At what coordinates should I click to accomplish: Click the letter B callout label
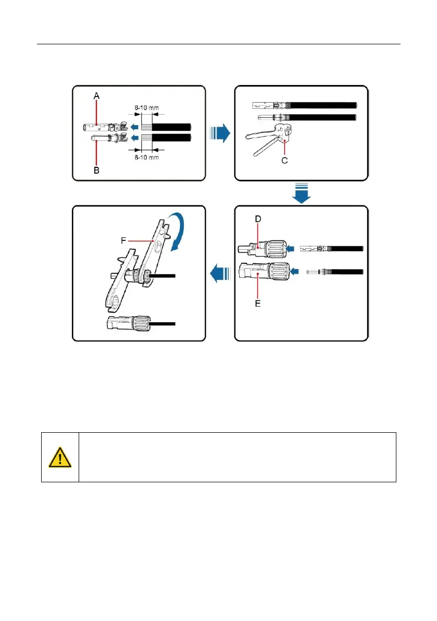point(96,171)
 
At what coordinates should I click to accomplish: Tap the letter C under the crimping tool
point(284,161)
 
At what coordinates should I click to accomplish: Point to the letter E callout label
point(257,302)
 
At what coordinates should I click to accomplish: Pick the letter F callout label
point(124,241)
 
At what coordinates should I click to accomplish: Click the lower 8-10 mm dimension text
point(146,157)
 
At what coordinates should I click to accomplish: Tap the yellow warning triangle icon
point(60,457)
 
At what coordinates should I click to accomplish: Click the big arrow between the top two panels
point(219,133)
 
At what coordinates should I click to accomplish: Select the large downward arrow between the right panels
point(301,194)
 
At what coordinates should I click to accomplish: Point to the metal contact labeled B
point(99,139)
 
